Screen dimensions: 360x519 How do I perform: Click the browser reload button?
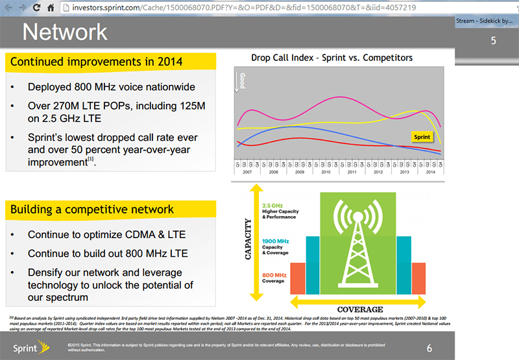(35, 6)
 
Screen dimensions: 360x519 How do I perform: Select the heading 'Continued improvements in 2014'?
(96, 62)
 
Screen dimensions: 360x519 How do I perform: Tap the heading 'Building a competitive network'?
(91, 209)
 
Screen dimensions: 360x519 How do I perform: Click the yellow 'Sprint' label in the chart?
(422, 138)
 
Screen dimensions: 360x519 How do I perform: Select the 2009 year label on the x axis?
(299, 173)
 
